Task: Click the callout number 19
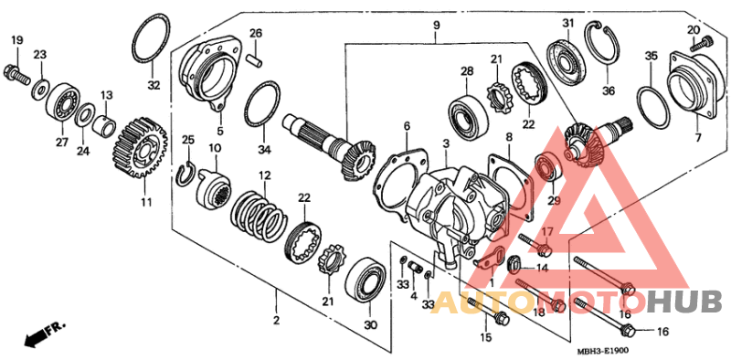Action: [16, 40]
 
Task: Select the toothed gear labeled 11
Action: [141, 148]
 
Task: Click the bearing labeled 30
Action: [366, 281]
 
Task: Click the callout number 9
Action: [436, 25]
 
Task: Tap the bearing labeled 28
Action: [469, 114]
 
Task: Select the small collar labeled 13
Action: [104, 125]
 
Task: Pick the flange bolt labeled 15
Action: [488, 311]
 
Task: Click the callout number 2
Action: [276, 321]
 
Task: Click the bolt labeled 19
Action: [16, 73]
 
